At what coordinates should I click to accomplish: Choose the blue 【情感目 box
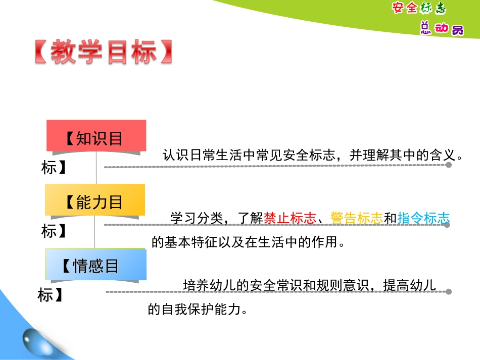tap(95, 265)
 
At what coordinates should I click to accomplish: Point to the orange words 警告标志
tap(357, 218)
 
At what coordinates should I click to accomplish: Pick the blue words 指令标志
tap(423, 218)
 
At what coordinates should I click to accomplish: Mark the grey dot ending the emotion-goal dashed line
tap(448, 291)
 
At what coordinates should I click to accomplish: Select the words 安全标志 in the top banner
tap(419, 9)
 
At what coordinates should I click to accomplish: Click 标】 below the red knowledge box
tap(54, 167)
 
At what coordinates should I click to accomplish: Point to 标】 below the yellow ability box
tap(54, 231)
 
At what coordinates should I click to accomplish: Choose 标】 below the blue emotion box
tap(50, 295)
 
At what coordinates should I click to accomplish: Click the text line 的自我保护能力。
tap(199, 309)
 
